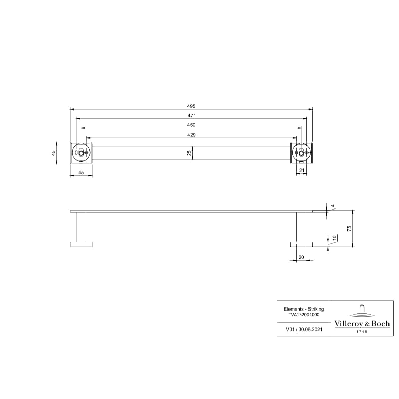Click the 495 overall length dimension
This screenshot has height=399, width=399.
click(191, 106)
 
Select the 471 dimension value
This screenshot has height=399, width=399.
click(192, 116)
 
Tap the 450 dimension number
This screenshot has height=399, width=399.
click(191, 125)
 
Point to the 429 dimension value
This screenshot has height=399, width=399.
click(191, 135)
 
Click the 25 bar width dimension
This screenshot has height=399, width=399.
click(189, 153)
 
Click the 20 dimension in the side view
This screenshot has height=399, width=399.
click(301, 257)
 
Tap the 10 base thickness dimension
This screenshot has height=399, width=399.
click(334, 238)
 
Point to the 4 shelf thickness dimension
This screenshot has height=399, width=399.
click(333, 206)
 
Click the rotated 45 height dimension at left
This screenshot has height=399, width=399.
click(53, 153)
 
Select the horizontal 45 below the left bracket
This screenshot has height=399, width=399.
click(81, 173)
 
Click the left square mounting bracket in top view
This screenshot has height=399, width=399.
click(81, 153)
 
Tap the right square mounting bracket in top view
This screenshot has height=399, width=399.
click(301, 153)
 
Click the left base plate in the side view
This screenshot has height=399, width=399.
click(81, 244)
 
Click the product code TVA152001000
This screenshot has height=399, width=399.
click(304, 314)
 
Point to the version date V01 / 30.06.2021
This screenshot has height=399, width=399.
click(304, 329)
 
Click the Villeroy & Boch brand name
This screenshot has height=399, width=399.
click(362, 323)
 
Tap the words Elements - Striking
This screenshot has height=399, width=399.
click(304, 309)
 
